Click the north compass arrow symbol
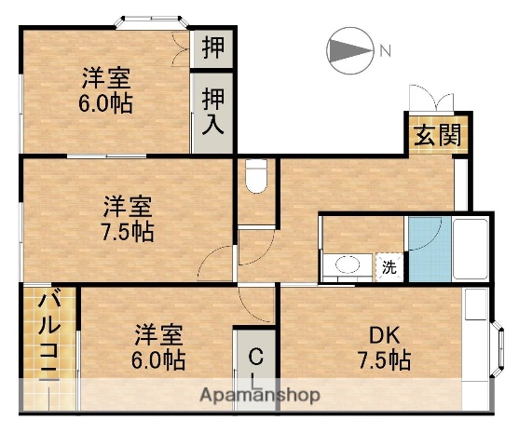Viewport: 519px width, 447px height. (347, 49)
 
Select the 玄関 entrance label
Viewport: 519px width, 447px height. (436, 135)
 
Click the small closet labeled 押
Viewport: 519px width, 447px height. (212, 48)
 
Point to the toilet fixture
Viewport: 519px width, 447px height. (254, 174)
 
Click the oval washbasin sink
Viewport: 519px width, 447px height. (348, 266)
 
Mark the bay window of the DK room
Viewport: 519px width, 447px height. (496, 342)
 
